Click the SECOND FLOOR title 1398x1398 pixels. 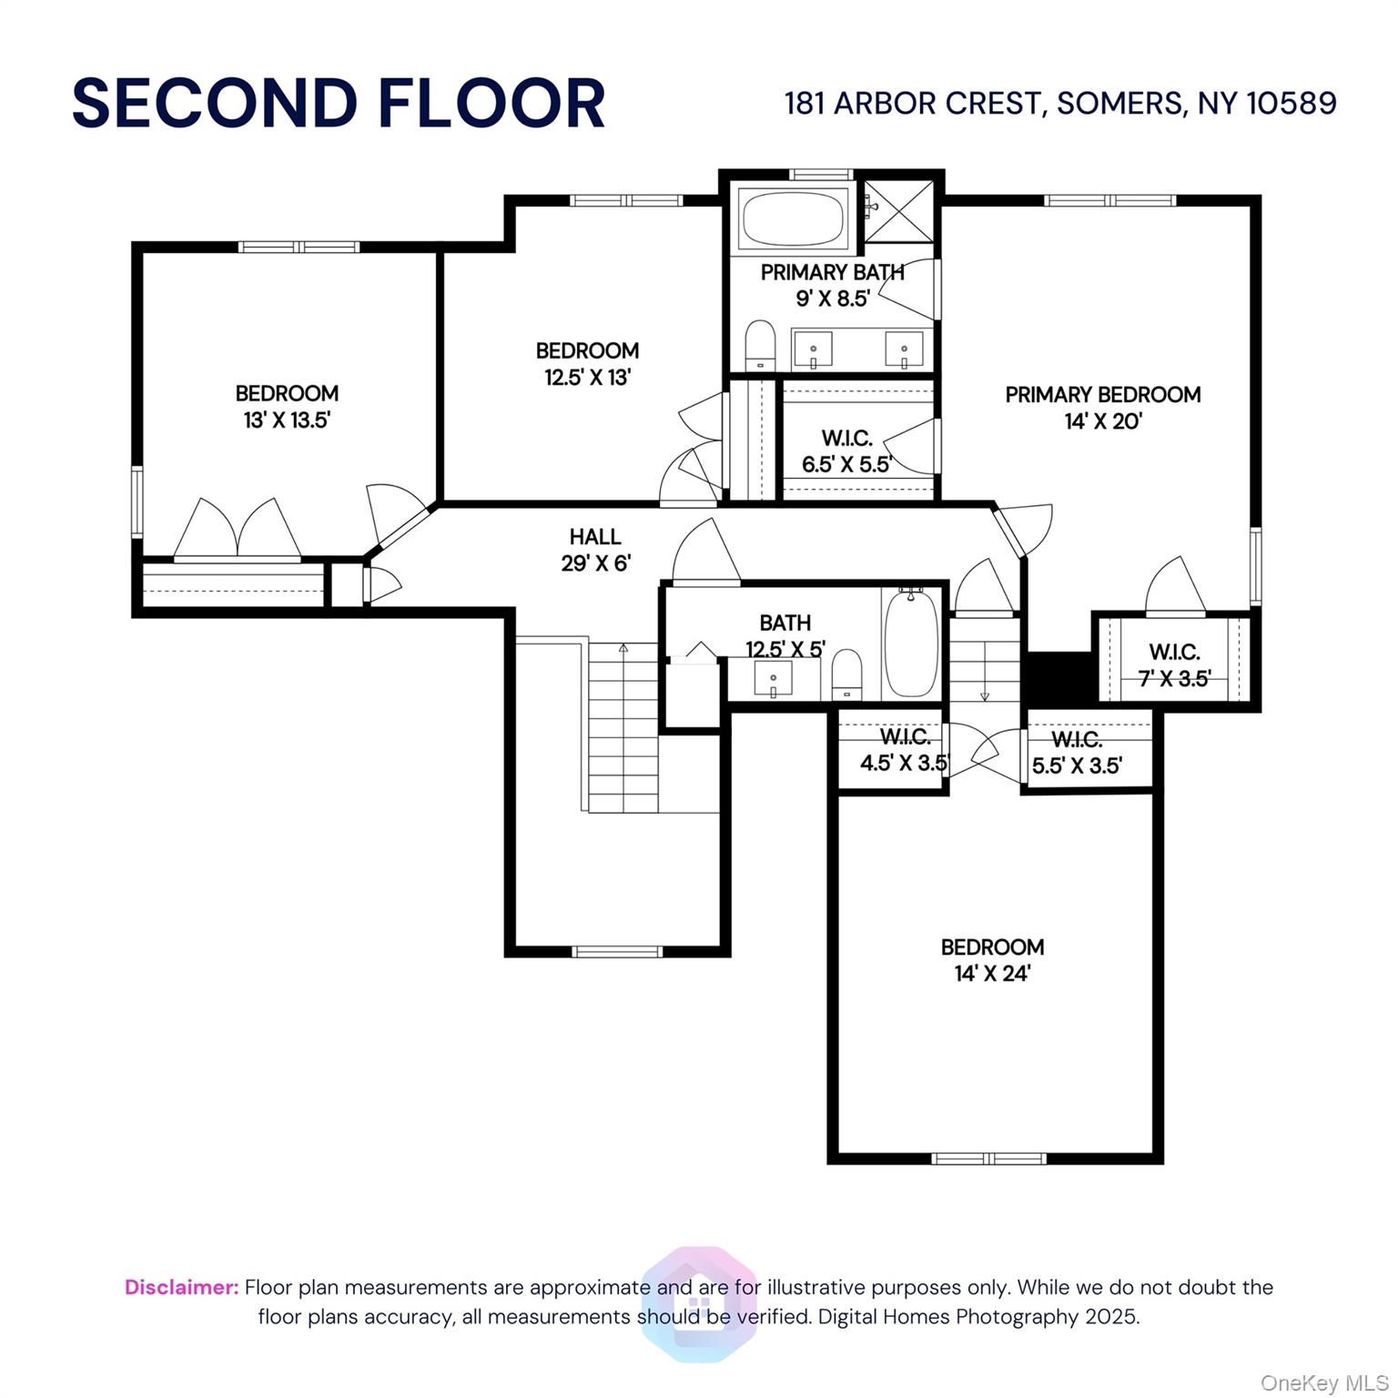[338, 103]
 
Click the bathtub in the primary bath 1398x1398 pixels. [793, 218]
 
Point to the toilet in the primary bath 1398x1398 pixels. [759, 346]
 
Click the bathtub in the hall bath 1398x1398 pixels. [911, 644]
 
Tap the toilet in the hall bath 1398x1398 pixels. [846, 674]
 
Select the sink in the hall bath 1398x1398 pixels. [773, 679]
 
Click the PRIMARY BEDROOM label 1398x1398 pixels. [1102, 394]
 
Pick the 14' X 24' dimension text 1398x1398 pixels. [992, 973]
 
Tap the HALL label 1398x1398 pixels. [595, 537]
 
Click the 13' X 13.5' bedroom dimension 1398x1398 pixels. [287, 420]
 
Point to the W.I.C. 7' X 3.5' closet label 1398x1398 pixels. [1174, 664]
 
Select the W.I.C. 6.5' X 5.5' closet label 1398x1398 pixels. [846, 451]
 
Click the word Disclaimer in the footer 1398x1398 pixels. [181, 1287]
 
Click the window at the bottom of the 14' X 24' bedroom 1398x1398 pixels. [989, 1158]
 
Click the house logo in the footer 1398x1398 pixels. [699, 1305]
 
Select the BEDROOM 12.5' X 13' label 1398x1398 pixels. [587, 363]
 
